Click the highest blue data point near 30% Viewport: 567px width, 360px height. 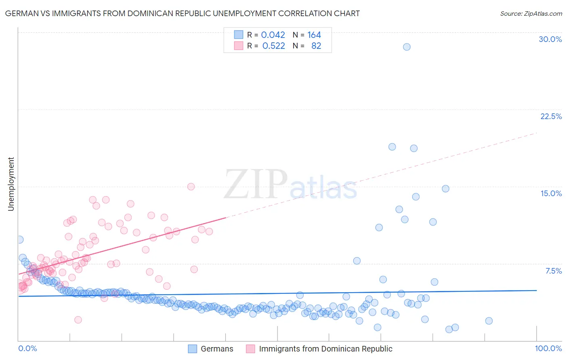tap(406, 47)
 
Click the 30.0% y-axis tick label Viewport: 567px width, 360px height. tap(550, 39)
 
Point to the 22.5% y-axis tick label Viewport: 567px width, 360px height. tap(551, 116)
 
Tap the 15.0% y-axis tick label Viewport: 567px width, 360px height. tap(551, 193)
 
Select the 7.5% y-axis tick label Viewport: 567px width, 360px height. tap(553, 271)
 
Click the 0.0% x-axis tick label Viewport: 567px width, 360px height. tap(27, 348)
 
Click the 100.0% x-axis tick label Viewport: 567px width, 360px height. tap(548, 348)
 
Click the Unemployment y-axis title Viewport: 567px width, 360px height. tap(11, 184)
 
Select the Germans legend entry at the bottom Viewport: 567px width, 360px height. tap(217, 349)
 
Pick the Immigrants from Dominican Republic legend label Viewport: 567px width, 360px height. tap(325, 349)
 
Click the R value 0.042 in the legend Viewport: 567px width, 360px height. tap(273, 35)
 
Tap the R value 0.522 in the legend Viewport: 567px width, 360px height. tap(273, 46)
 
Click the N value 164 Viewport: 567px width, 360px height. tap(314, 35)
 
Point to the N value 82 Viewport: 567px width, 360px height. tap(316, 46)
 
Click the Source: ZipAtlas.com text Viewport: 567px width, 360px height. tap(531, 13)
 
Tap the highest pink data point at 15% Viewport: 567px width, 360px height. tap(191, 186)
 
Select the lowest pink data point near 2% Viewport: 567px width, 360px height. tap(78, 320)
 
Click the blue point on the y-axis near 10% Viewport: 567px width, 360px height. tap(20, 239)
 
